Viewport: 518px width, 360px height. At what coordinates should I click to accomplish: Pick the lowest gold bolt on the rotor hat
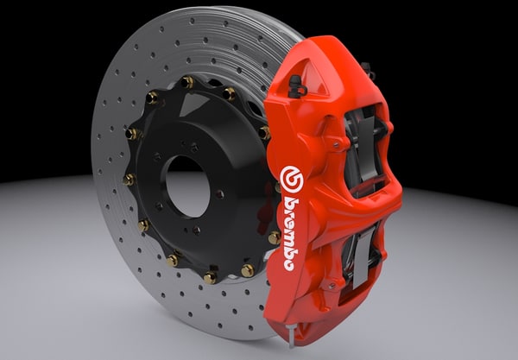(x=211, y=277)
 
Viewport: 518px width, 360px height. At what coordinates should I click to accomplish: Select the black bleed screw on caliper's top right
(x=366, y=68)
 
